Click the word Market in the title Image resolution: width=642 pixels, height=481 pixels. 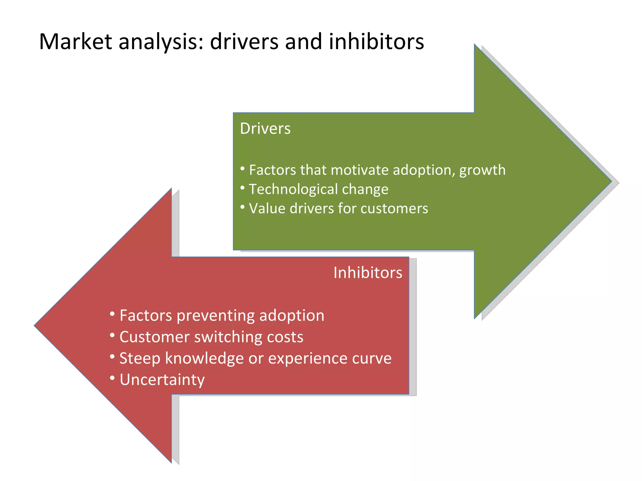point(75,42)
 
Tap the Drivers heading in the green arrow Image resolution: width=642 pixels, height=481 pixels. point(265,129)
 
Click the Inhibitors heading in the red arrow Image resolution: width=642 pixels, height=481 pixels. point(368,273)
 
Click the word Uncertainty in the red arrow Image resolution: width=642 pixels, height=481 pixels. point(162,380)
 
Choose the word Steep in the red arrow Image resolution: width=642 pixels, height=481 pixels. point(139,359)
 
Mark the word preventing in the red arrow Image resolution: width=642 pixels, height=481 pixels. point(216,316)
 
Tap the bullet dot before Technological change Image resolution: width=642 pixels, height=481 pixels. point(242,188)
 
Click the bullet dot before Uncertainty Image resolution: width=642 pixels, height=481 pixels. point(112,378)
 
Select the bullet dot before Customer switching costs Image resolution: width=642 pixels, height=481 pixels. point(112,335)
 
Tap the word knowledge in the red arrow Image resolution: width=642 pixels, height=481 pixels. point(204,359)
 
